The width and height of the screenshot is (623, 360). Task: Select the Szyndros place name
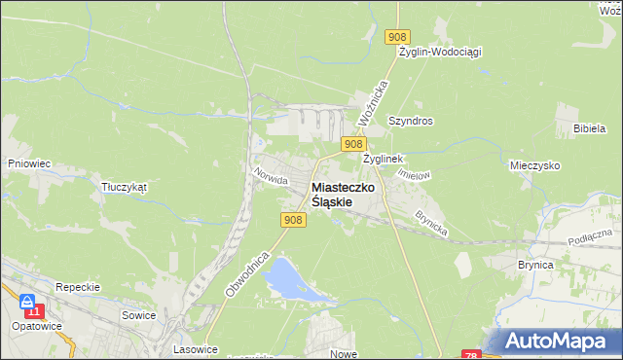pos(410,122)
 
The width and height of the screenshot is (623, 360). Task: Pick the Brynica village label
pos(534,264)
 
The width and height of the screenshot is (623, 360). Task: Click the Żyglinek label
pos(384,158)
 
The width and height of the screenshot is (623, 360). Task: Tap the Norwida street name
pos(269,176)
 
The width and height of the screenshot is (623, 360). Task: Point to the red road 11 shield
pos(35,310)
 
